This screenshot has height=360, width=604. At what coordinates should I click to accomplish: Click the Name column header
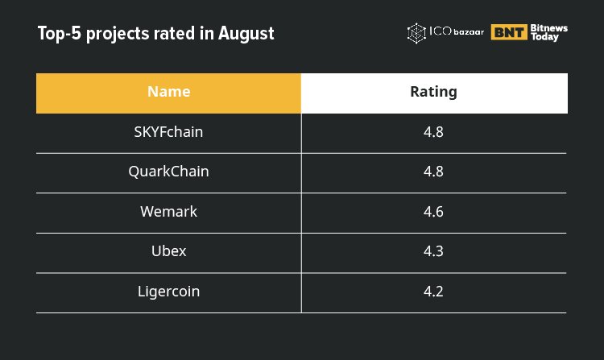tap(168, 92)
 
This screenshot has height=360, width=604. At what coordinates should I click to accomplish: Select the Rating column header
tap(433, 92)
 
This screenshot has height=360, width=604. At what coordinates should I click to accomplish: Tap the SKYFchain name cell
tap(168, 132)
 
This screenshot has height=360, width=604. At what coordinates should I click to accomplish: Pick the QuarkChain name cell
tap(168, 172)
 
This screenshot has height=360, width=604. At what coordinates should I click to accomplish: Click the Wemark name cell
tap(168, 211)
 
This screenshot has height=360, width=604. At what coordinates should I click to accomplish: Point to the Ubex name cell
tap(168, 250)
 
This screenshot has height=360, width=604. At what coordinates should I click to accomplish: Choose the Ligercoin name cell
tap(168, 291)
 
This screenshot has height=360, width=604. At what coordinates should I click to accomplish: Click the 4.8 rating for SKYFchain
tap(433, 132)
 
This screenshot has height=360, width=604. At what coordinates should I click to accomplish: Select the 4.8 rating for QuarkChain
tap(433, 172)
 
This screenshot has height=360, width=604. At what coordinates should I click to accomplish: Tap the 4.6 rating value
tap(433, 211)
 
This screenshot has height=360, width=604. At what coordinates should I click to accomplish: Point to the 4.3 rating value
tap(433, 250)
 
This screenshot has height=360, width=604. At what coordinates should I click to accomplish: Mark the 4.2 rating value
tap(433, 291)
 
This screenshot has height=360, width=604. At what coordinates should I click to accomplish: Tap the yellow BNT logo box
tap(509, 33)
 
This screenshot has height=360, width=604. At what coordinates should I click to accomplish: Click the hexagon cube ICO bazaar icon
tap(416, 33)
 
